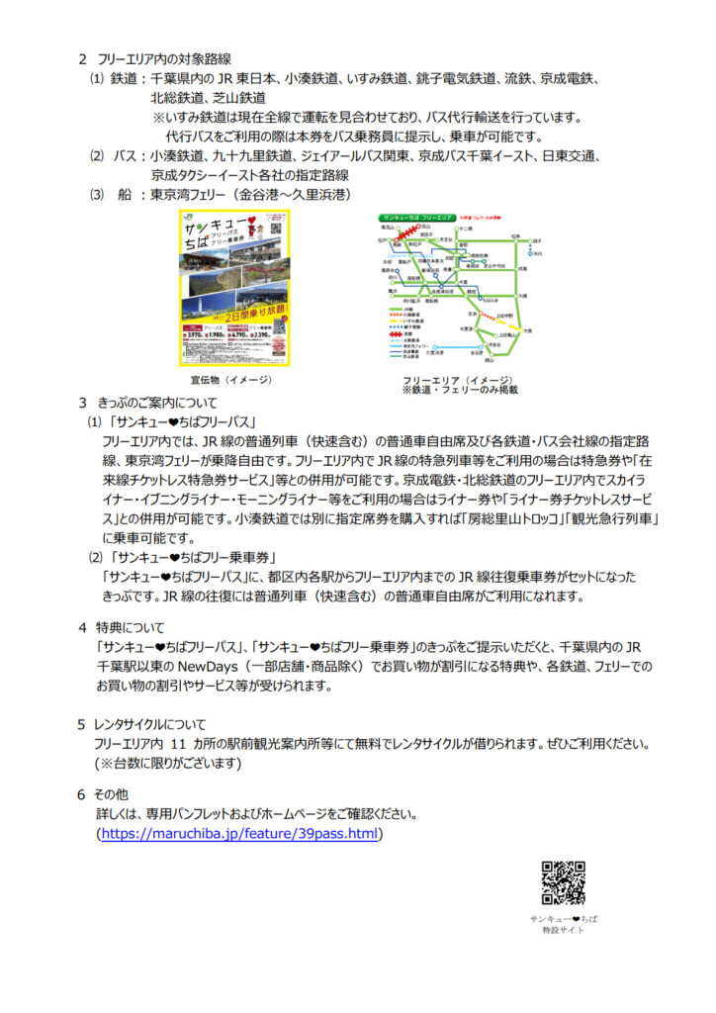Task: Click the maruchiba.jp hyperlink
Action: point(240,834)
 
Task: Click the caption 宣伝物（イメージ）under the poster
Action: point(233,379)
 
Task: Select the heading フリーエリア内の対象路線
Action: point(164,59)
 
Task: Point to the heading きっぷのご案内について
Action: point(165,404)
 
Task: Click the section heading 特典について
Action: point(131,627)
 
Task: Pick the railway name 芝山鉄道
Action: point(236,98)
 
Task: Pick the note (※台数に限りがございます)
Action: point(168,763)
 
